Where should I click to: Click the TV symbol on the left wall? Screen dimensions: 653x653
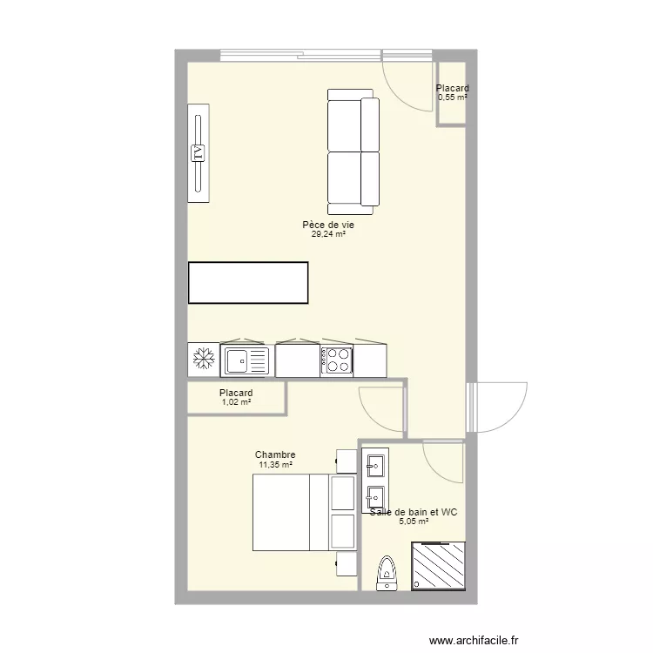pyautogui.click(x=199, y=153)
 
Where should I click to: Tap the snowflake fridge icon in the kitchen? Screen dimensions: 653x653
pyautogui.click(x=203, y=359)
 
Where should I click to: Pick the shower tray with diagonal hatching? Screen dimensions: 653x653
pyautogui.click(x=438, y=566)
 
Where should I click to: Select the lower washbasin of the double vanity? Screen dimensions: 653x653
pyautogui.click(x=375, y=496)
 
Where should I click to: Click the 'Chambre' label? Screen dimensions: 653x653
pyautogui.click(x=275, y=454)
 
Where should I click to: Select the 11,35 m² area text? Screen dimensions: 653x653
pyautogui.click(x=275, y=465)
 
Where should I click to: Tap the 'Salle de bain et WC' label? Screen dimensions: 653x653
pyautogui.click(x=414, y=512)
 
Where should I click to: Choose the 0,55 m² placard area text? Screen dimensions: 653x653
pyautogui.click(x=453, y=98)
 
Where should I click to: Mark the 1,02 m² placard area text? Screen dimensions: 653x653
pyautogui.click(x=236, y=402)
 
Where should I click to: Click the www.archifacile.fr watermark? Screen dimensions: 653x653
pyautogui.click(x=474, y=638)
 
